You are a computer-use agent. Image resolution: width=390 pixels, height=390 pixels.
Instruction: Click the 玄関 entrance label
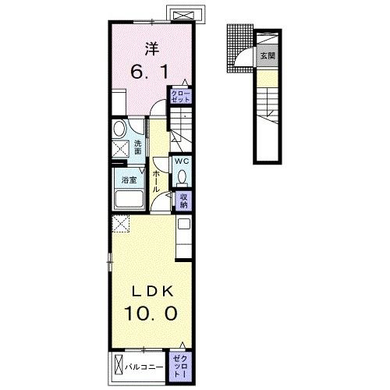[x=268, y=55]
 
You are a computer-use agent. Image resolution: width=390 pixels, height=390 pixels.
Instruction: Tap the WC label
[x=182, y=161]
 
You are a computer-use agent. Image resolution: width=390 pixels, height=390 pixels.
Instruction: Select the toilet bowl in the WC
[x=182, y=176]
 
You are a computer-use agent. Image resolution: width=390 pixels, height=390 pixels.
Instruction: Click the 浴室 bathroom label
[x=129, y=179]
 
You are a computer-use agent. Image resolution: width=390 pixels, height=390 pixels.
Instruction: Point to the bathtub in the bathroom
[x=129, y=199]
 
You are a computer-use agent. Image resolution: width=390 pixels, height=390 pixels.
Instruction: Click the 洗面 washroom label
[x=138, y=147]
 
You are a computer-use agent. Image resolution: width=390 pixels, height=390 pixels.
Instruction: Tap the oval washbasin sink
[x=119, y=129]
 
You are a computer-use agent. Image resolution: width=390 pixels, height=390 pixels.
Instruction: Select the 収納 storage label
[x=183, y=200]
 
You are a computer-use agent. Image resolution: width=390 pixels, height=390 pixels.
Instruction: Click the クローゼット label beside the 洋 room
[x=181, y=96]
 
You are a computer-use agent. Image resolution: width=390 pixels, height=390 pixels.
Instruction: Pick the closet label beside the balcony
[x=180, y=367]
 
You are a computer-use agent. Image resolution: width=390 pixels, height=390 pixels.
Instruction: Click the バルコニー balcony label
[x=144, y=367]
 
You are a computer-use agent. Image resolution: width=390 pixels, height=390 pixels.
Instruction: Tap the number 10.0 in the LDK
[x=151, y=313]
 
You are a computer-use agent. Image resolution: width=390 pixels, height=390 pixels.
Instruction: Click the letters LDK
[x=153, y=292]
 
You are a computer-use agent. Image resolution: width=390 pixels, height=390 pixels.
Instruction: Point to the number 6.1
[x=149, y=72]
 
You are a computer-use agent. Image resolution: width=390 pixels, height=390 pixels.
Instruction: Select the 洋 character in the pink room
[x=152, y=49]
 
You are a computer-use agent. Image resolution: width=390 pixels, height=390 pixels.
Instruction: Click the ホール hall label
[x=155, y=181]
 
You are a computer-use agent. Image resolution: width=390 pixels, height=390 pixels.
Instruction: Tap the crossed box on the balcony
[x=119, y=367]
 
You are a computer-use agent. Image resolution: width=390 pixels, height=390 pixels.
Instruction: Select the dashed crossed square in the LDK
[x=121, y=223]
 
